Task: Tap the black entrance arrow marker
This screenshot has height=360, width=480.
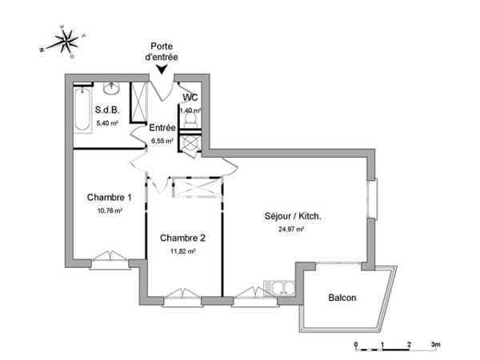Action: pyautogui.click(x=162, y=70)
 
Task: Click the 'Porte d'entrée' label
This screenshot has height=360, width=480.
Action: pyautogui.click(x=162, y=52)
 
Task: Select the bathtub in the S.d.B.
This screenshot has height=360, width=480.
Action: pyautogui.click(x=82, y=111)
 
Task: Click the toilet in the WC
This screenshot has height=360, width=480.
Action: pyautogui.click(x=190, y=117)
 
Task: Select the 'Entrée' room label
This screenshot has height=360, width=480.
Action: pyautogui.click(x=162, y=127)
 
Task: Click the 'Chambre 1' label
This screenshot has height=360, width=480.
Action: pyautogui.click(x=109, y=198)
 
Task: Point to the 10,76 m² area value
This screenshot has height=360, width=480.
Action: pyautogui.click(x=109, y=211)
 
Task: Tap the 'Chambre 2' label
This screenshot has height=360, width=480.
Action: pyautogui.click(x=183, y=238)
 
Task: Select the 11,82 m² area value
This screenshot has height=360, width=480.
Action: pyautogui.click(x=183, y=251)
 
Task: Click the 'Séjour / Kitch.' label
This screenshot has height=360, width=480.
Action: pyautogui.click(x=293, y=216)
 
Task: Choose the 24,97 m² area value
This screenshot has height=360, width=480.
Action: pyautogui.click(x=293, y=230)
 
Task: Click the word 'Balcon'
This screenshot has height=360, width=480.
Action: pyautogui.click(x=342, y=298)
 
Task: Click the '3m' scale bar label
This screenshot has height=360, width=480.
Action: pyautogui.click(x=434, y=344)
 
